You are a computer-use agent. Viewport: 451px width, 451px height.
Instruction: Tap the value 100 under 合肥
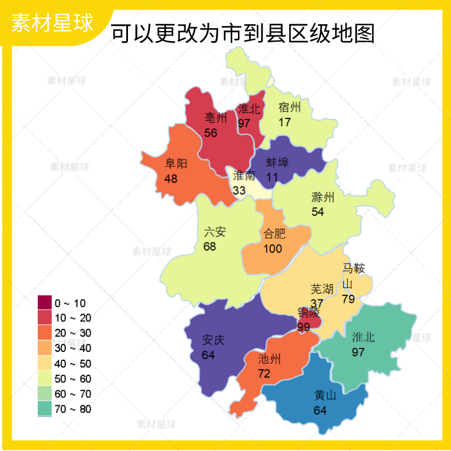273,249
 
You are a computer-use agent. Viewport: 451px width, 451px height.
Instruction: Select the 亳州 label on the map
215,118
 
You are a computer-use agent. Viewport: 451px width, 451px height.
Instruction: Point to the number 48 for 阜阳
171,179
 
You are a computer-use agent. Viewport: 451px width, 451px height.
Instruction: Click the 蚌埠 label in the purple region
277,163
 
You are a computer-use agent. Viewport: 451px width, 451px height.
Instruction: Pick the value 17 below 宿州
285,122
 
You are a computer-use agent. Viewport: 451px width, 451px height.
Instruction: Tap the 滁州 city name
323,197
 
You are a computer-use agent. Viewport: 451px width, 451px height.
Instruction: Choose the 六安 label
215,232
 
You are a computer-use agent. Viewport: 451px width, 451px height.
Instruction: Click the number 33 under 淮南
239,191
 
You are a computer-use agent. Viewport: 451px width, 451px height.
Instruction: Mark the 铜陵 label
308,312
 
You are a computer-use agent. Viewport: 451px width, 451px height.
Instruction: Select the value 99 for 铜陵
304,327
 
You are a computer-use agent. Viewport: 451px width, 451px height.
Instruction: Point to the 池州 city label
269,359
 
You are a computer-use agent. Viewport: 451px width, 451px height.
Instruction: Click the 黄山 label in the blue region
325,395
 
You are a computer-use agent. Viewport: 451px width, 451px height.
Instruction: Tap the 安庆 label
214,340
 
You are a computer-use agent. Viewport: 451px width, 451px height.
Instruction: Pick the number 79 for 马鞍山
348,299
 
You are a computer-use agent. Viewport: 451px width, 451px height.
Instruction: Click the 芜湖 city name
322,289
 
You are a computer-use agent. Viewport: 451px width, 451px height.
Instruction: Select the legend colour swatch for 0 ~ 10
45,303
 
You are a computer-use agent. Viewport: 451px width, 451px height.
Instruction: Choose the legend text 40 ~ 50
73,364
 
